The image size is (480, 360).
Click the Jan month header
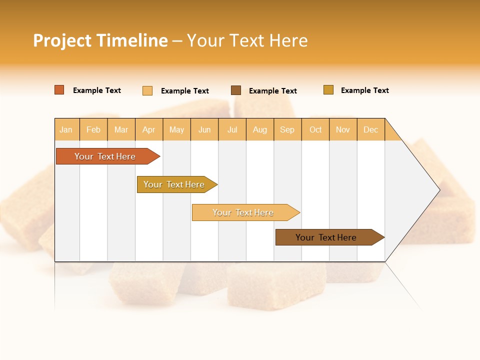pos(66,129)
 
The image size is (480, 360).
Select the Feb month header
pos(93,129)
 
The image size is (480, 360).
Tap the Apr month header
pos(149,129)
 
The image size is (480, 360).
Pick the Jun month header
pos(204,129)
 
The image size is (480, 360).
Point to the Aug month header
pos(260,129)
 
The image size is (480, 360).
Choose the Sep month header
pos(287,129)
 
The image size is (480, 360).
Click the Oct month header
pos(315,129)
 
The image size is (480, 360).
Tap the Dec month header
pos(371,129)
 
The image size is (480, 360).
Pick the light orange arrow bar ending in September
pos(243,212)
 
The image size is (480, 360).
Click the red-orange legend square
pos(59,90)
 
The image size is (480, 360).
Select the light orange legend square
pos(147,90)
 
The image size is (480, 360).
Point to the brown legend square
pos(236,90)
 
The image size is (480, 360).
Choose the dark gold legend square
pos(328,90)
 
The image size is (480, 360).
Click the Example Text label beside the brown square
pos(273,91)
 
